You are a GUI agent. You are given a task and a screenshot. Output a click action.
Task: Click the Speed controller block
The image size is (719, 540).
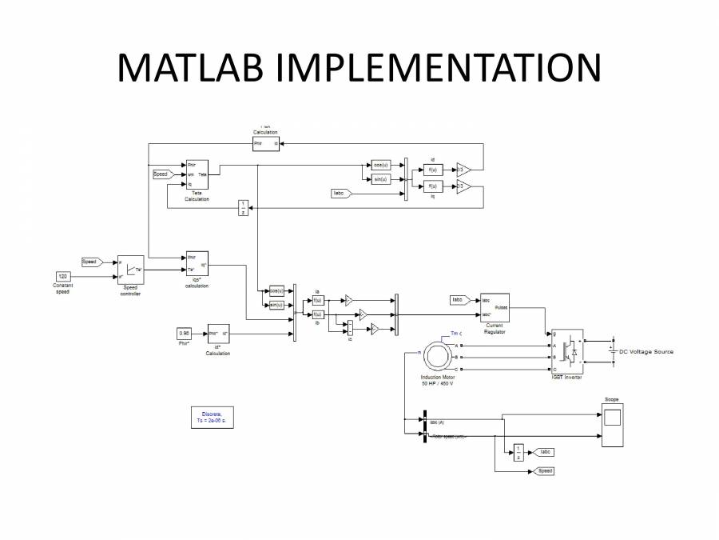[130, 270]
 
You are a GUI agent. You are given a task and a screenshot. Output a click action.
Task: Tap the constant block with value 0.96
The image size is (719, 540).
[185, 333]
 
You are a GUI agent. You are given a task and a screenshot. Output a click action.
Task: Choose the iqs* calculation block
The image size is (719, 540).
[197, 265]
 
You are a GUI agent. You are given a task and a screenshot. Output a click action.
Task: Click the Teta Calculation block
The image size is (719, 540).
[197, 174]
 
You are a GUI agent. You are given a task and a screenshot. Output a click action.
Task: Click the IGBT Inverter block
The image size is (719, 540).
[566, 351]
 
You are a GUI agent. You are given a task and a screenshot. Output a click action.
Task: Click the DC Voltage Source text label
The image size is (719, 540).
[646, 352]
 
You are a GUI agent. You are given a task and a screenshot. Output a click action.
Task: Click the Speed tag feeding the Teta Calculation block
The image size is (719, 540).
[161, 174]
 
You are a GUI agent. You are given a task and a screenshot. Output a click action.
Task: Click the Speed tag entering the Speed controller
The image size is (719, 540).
[89, 262]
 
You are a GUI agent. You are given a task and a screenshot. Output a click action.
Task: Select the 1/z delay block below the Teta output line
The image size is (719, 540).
[244, 207]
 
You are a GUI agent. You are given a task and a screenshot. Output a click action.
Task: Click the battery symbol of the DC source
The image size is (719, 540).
[613, 351]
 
